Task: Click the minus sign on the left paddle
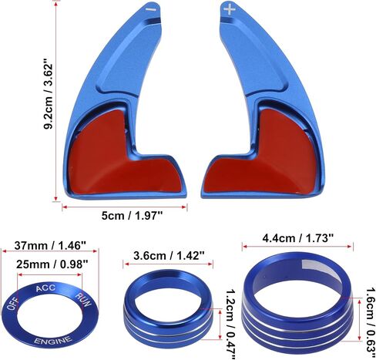point(151,9)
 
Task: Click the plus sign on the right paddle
point(229,10)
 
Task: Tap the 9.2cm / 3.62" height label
point(49,96)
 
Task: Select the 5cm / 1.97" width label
point(133,215)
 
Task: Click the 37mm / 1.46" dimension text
point(50,245)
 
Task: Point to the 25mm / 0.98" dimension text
point(52,264)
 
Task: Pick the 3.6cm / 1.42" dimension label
point(169,256)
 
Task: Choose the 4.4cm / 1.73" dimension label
point(298,238)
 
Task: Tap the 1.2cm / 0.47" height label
point(230,325)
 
